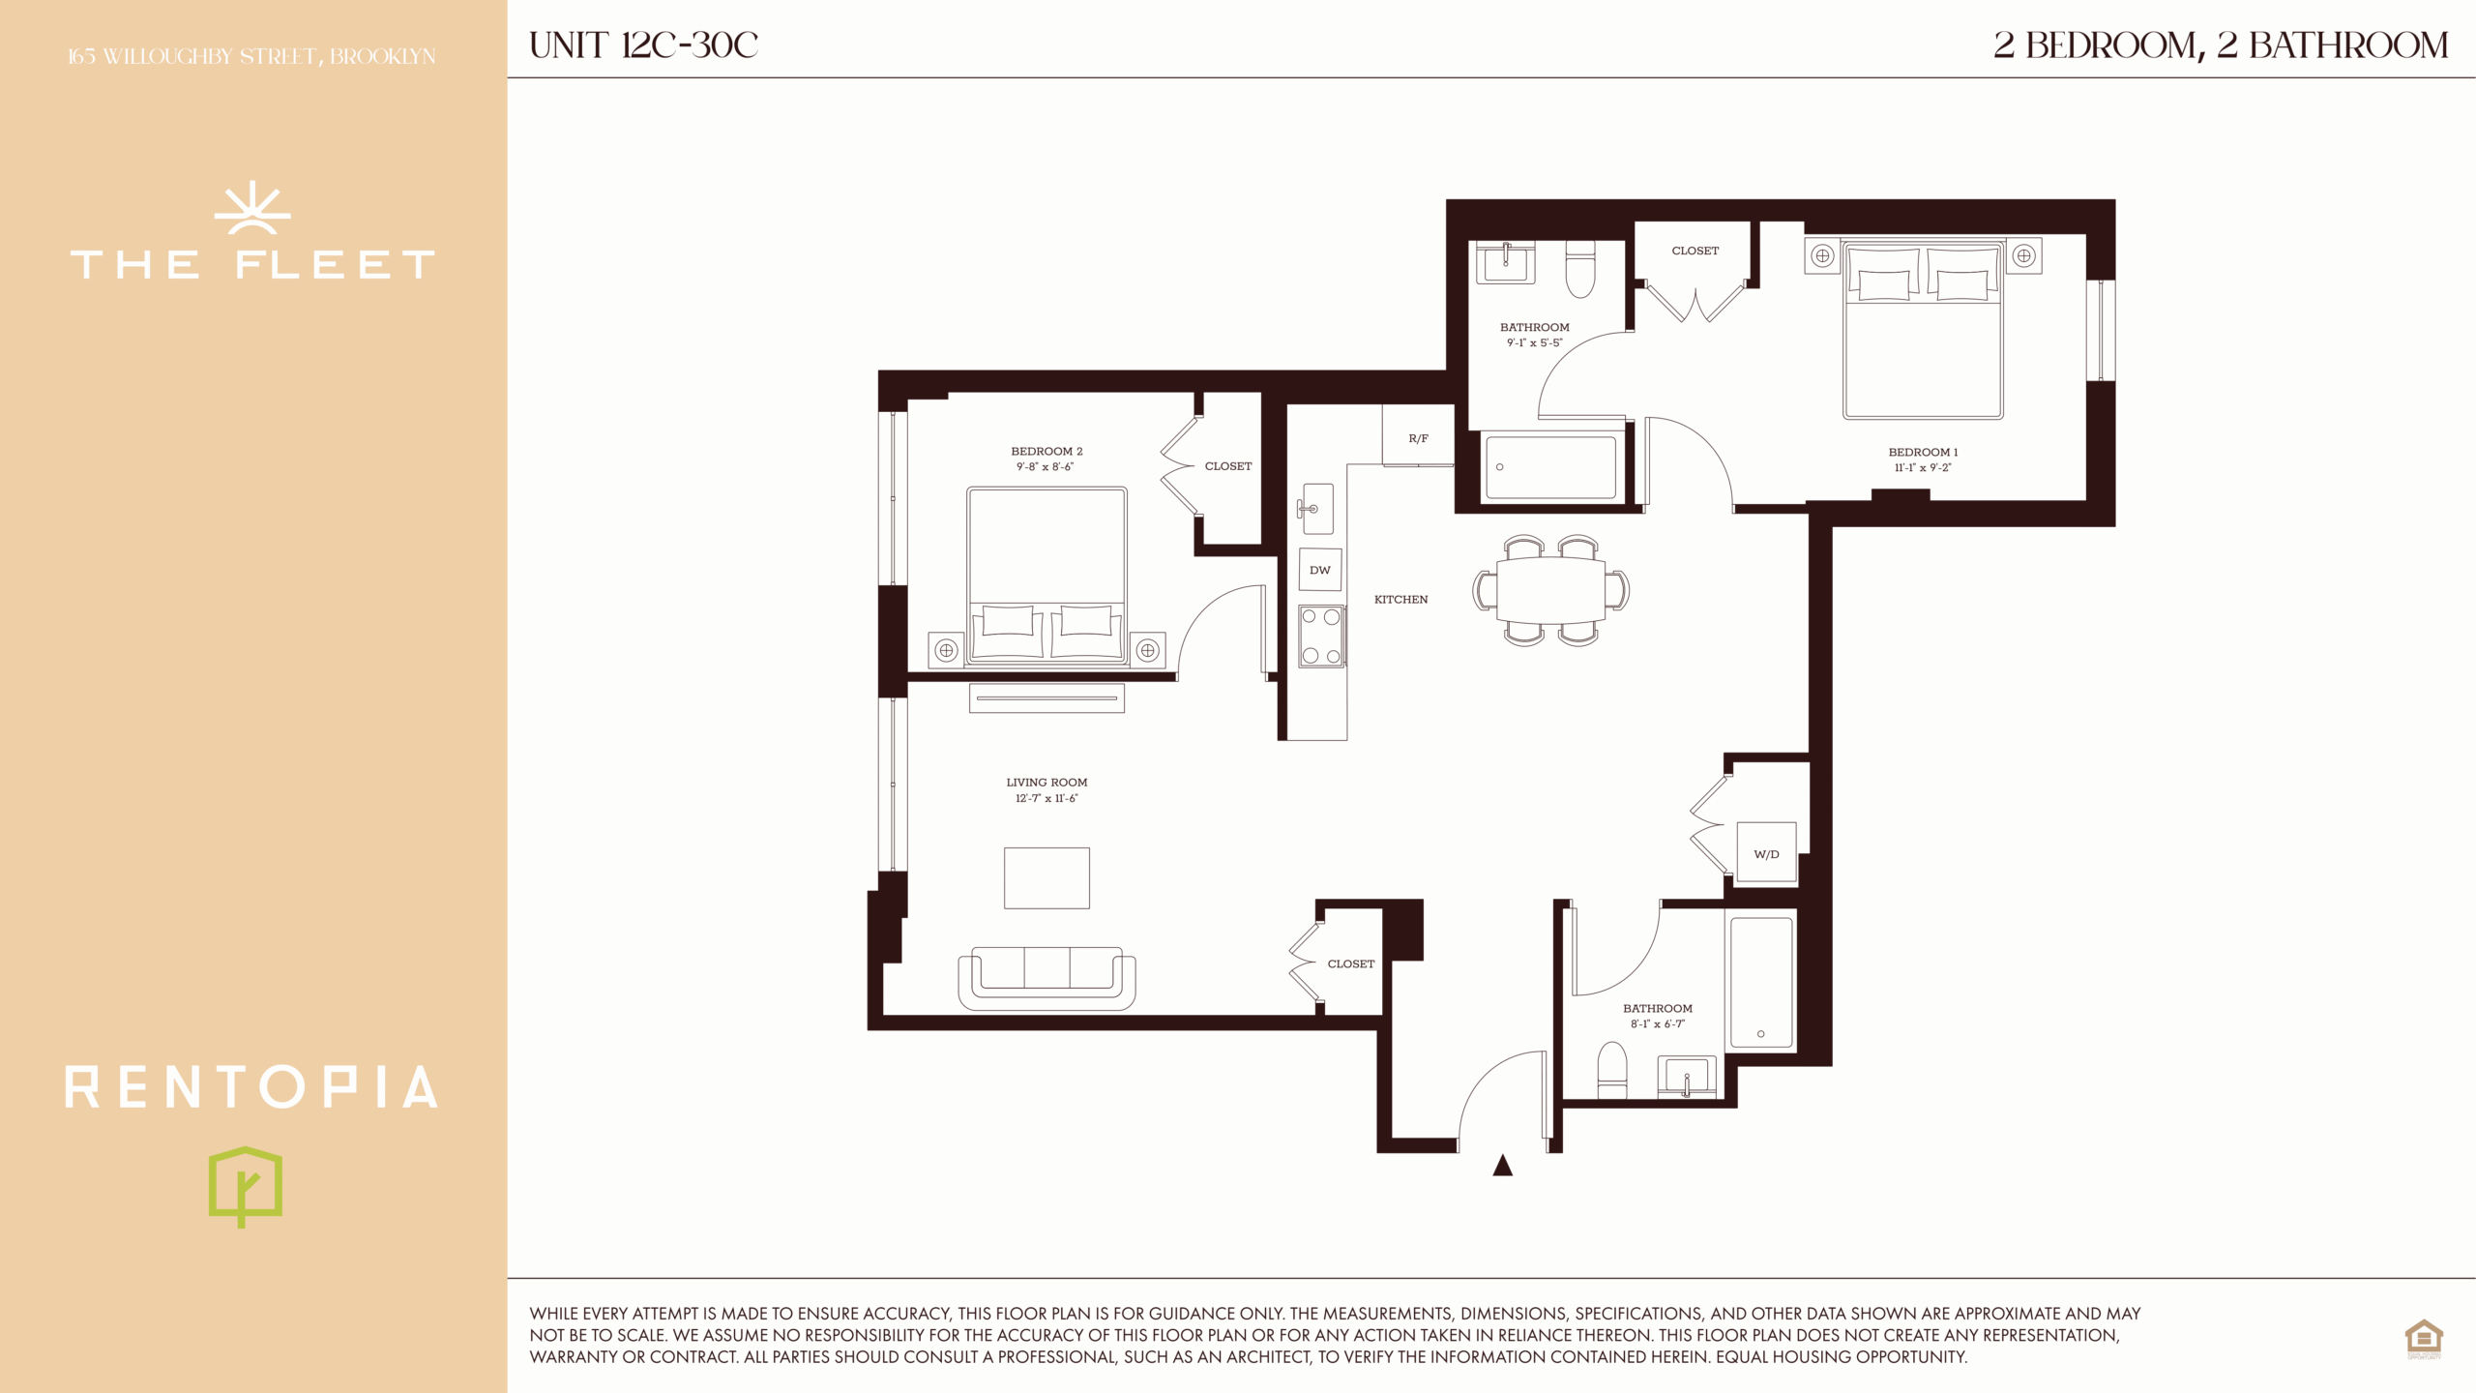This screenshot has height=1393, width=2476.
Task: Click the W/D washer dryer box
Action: (x=1766, y=852)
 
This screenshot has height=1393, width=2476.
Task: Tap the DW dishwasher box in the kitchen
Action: (x=1320, y=570)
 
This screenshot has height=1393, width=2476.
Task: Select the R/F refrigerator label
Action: (x=1418, y=439)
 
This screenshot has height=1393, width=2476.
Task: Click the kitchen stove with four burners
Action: (x=1321, y=636)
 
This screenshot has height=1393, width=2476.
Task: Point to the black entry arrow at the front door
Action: (x=1502, y=1165)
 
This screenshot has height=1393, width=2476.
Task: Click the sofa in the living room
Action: (x=1046, y=979)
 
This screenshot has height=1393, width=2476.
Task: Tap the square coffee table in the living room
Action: (x=1046, y=878)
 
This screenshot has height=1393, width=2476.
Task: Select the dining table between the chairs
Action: (x=1550, y=590)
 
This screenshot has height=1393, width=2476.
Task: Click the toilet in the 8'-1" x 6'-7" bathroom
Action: (x=1612, y=1070)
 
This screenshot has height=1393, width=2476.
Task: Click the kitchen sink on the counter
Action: (x=1315, y=509)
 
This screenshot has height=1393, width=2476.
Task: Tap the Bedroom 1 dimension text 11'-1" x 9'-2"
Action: (x=1923, y=467)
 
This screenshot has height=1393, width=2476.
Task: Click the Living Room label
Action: (x=1046, y=783)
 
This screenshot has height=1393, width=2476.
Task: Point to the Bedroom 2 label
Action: (x=1046, y=452)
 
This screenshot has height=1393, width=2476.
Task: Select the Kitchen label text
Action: (x=1400, y=600)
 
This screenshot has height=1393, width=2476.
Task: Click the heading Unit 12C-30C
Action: (x=644, y=45)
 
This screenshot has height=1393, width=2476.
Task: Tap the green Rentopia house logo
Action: (x=246, y=1187)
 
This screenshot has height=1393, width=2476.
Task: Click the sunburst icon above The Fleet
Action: (x=252, y=208)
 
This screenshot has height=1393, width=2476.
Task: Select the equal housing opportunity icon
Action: (x=2424, y=1339)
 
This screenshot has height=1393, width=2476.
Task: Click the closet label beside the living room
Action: (x=1350, y=964)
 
